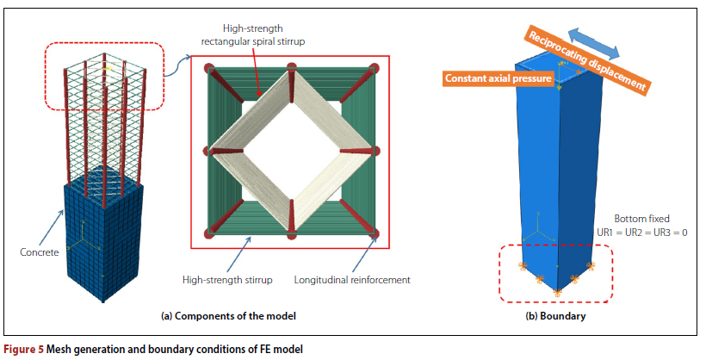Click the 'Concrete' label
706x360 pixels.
tap(39, 252)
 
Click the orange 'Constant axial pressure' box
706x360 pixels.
tap(487, 78)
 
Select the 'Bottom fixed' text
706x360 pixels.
tap(637, 220)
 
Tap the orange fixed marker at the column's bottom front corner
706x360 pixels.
tap(555, 294)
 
